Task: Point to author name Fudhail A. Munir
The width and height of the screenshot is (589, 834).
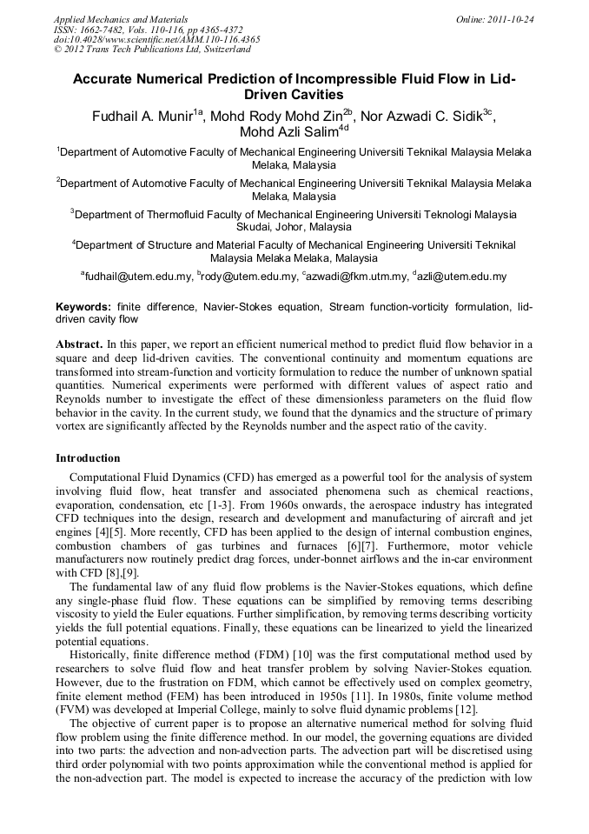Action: [143, 116]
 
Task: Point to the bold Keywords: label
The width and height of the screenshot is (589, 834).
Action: [83, 307]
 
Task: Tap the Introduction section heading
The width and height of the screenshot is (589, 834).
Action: [88, 458]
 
